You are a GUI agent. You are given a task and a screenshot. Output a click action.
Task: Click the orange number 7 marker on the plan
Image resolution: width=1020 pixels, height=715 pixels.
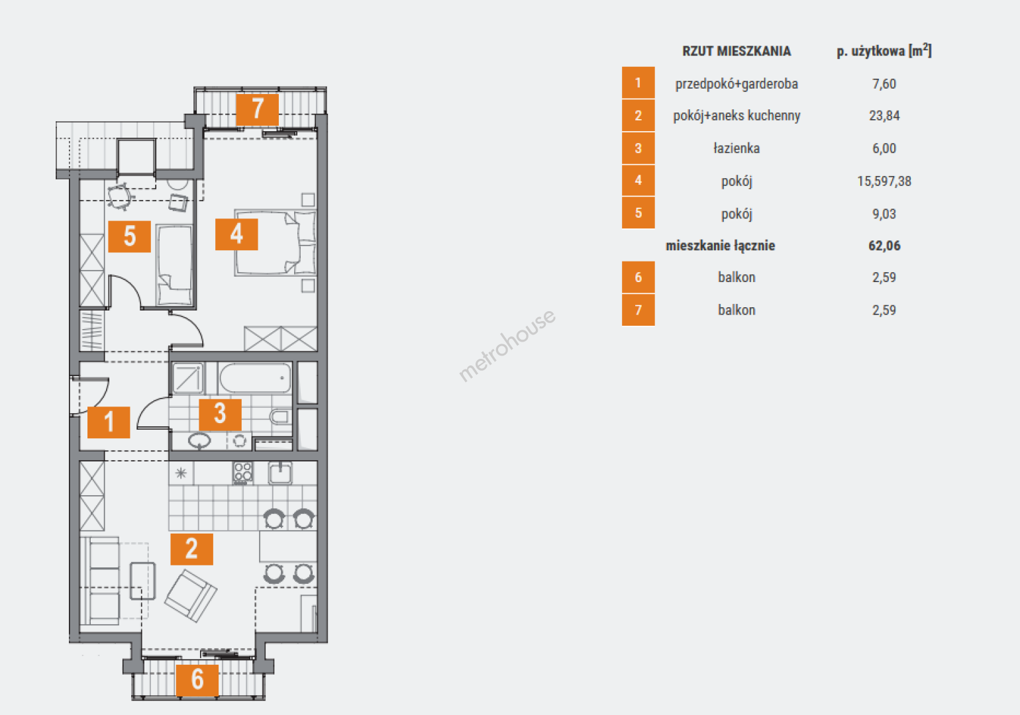tap(257, 109)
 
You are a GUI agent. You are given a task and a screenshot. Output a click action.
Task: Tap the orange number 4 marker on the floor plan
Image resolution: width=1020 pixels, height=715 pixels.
tap(236, 234)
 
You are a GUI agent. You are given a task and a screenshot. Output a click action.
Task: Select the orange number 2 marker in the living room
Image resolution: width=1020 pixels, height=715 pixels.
tap(191, 549)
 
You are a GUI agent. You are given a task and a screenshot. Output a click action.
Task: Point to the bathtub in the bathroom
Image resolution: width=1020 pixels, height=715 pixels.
tap(255, 378)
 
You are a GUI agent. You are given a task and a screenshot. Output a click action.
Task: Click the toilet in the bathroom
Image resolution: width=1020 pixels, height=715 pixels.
tap(280, 416)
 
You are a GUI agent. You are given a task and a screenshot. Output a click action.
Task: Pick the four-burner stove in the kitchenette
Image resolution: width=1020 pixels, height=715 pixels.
tap(242, 473)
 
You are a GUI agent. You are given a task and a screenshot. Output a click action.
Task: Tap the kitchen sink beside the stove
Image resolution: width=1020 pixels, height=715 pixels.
tap(280, 473)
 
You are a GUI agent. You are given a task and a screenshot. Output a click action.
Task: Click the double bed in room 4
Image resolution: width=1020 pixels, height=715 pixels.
tap(276, 242)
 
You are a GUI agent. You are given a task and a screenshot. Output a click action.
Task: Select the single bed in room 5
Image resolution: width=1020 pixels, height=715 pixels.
tap(174, 265)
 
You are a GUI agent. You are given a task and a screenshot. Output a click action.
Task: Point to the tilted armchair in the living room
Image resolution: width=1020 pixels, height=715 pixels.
tap(191, 596)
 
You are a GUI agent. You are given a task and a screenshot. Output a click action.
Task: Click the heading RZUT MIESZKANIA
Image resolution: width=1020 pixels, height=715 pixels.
tap(737, 51)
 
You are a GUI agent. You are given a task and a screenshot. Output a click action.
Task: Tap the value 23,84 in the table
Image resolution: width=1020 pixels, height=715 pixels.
tap(884, 116)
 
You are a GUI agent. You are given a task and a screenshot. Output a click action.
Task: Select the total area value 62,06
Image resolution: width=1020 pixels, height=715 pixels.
tap(884, 246)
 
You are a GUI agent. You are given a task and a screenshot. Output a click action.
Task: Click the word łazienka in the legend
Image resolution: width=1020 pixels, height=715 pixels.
tap(737, 148)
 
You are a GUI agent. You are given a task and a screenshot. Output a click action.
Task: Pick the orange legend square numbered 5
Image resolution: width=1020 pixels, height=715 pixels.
tap(638, 213)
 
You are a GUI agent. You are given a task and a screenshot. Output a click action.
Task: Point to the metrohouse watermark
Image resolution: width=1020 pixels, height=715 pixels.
tap(507, 345)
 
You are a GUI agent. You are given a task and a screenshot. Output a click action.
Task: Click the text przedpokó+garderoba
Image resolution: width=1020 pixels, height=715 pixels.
tap(737, 83)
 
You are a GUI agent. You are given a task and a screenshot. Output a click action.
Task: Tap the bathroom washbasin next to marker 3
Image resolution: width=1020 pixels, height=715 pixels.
tap(199, 440)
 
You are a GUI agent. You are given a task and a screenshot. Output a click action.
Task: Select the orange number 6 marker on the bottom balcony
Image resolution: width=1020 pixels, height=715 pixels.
tap(197, 680)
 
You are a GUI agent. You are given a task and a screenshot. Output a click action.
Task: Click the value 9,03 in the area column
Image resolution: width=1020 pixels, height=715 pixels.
tap(884, 214)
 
